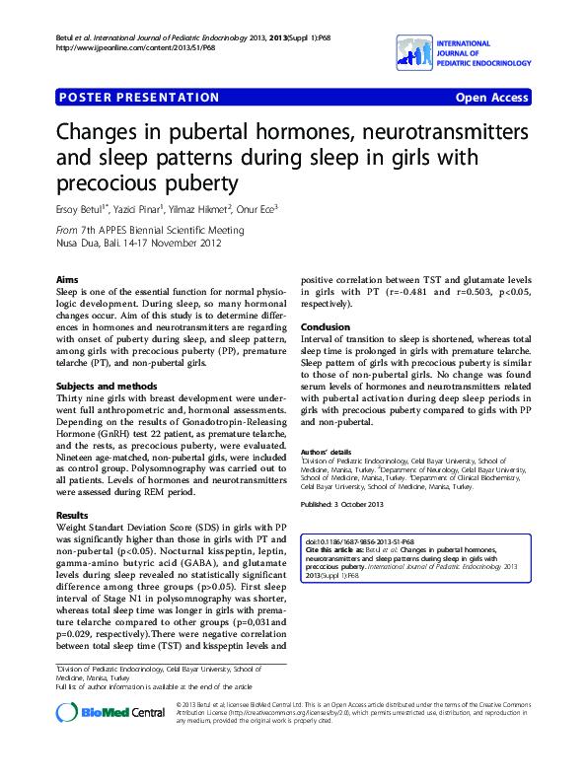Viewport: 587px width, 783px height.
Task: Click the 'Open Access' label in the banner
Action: point(491,98)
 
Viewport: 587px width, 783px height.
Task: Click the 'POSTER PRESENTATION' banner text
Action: point(139,98)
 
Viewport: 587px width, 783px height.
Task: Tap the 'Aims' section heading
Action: point(67,281)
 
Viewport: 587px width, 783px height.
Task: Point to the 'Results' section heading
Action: point(73,516)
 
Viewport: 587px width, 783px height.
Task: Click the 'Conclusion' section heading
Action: point(326,327)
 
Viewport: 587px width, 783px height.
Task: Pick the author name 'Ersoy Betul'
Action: point(87,209)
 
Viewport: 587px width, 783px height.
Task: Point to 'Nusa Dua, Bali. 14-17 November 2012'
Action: point(138,242)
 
